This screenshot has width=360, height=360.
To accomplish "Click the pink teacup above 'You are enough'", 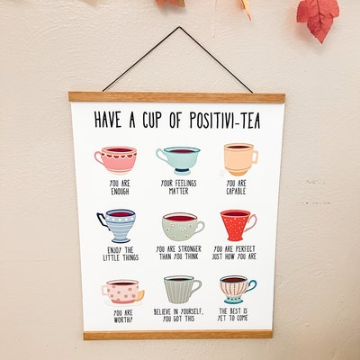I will tap(115, 158).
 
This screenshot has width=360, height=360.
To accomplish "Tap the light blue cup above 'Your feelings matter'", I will tap(177, 159).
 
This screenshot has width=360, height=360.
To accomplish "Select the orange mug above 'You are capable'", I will tap(239, 158).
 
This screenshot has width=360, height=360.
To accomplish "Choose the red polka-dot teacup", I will tap(238, 224).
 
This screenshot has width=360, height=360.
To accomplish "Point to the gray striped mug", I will tap(182, 289).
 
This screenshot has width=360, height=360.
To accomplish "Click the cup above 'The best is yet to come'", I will tap(238, 288).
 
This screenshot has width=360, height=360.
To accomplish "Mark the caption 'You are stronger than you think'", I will tap(179, 254).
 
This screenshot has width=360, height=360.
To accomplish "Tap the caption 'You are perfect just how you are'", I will tap(239, 253).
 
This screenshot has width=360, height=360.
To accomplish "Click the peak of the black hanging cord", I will tap(180, 28).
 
